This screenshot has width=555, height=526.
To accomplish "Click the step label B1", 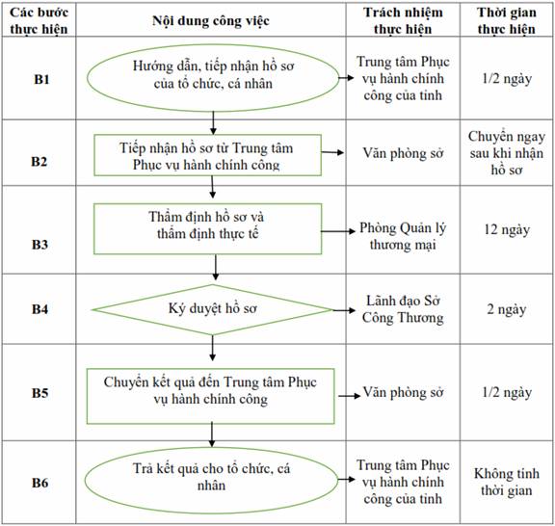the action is [x=41, y=79].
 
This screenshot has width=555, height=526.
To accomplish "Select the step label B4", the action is [x=40, y=309].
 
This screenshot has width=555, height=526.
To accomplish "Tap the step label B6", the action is [x=40, y=483].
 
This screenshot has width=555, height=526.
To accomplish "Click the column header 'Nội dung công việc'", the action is [x=211, y=21].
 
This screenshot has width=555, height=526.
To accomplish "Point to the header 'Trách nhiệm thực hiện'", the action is [x=403, y=20].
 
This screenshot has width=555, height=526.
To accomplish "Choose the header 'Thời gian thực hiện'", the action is [x=507, y=20].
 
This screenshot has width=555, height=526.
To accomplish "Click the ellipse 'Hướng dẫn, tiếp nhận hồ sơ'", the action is [x=213, y=77].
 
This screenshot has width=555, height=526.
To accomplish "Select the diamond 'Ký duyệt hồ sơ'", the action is [x=212, y=310].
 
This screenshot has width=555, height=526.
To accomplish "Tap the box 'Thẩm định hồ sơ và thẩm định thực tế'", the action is [x=207, y=228].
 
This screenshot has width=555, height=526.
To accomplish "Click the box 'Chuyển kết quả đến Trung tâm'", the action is [x=210, y=396].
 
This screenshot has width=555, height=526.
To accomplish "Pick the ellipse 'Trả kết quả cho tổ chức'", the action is [x=211, y=481].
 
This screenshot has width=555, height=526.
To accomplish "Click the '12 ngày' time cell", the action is [x=507, y=229].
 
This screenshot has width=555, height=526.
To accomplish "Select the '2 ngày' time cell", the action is [x=507, y=309].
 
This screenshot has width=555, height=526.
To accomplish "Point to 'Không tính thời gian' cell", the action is [x=507, y=482].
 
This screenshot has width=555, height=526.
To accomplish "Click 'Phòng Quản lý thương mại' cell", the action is [x=403, y=236].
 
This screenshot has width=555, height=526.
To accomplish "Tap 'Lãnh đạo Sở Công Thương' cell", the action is [x=403, y=309].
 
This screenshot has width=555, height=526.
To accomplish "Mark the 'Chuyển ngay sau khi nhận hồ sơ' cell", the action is [x=507, y=153].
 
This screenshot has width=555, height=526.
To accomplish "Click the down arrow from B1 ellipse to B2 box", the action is [x=213, y=122].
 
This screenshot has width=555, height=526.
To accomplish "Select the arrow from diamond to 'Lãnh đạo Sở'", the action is [x=344, y=310].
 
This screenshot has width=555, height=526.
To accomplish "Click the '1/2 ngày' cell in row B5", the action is [x=507, y=392].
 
